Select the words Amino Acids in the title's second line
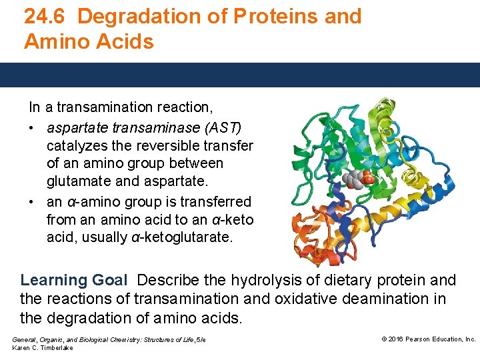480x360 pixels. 89,42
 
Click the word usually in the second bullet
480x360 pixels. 100,238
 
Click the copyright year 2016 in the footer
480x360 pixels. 396,339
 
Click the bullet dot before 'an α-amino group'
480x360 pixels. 32,202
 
